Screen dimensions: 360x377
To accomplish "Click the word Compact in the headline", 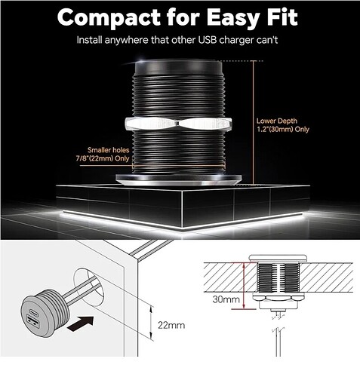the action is tap(109, 18).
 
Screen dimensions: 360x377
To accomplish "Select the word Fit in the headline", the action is tap(282, 17).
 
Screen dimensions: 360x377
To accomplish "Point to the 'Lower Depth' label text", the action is tap(277, 121).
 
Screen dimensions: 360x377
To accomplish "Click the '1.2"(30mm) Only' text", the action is tap(283, 130).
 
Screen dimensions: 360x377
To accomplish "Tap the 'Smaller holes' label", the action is tap(109, 150).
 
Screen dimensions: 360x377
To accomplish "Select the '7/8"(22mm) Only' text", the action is tap(103, 158).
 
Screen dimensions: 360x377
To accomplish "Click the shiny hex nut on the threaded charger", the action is tap(178, 124).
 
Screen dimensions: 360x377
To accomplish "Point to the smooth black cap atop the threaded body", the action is tap(178, 67).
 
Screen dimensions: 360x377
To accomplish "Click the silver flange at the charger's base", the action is tap(179, 179).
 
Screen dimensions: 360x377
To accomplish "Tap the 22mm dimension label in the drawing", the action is tap(171, 325).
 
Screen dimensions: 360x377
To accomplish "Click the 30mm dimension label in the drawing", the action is tap(226, 299).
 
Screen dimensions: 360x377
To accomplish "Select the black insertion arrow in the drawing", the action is tap(81, 323).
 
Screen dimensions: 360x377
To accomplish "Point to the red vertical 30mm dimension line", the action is tap(244, 286).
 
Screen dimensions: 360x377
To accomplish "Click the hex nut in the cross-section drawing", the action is tap(278, 297).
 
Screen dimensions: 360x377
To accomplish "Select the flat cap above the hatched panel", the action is tap(278, 259).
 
